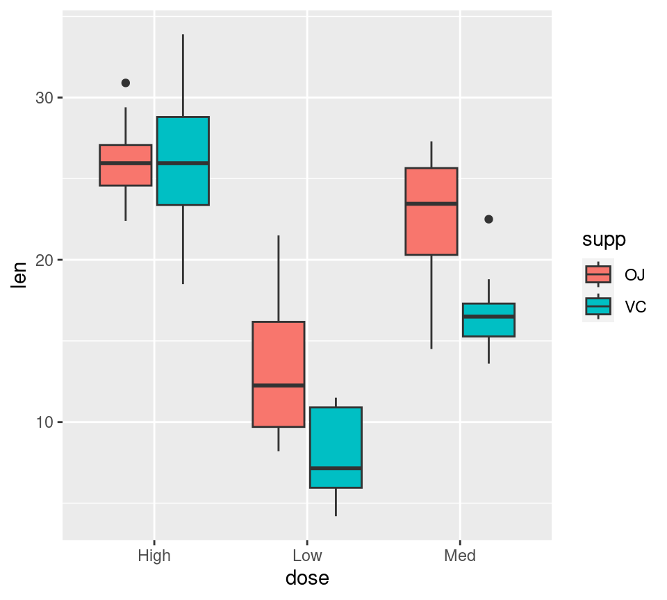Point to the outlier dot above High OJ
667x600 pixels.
pyautogui.click(x=126, y=83)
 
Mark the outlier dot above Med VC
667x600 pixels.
pyautogui.click(x=488, y=219)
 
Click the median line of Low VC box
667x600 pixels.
pyautogui.click(x=336, y=468)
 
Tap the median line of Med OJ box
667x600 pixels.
pyautogui.click(x=431, y=203)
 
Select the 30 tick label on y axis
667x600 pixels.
pyautogui.click(x=44, y=98)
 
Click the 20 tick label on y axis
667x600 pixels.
pyautogui.click(x=44, y=260)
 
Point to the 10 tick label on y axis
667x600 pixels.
pyautogui.click(x=44, y=422)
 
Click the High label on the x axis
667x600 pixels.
pyautogui.click(x=154, y=556)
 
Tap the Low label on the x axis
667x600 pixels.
pyautogui.click(x=307, y=556)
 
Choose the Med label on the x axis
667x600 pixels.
pyautogui.click(x=460, y=556)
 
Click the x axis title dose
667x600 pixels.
pyautogui.click(x=307, y=578)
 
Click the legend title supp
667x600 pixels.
pyautogui.click(x=604, y=240)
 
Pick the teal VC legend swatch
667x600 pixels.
pyautogui.click(x=598, y=306)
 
